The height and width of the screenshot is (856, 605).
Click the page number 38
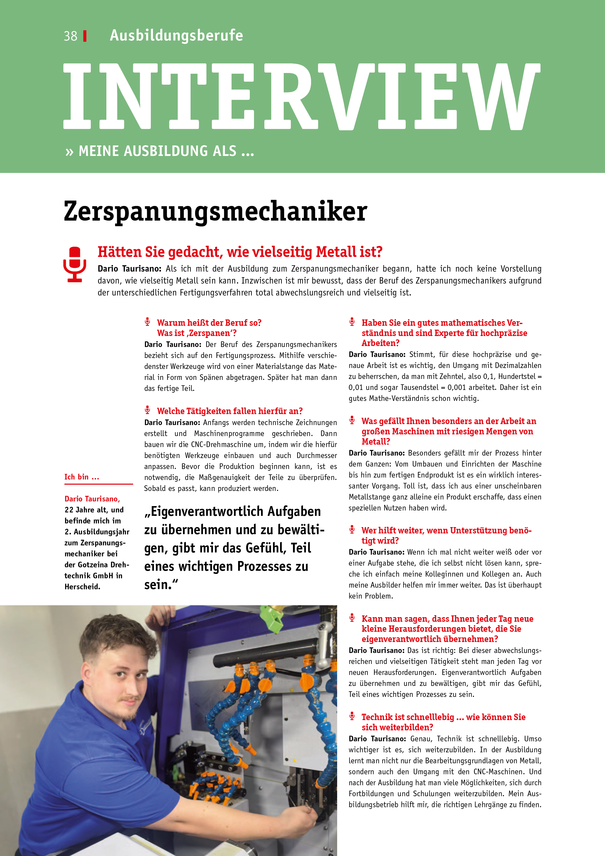pyautogui.click(x=71, y=36)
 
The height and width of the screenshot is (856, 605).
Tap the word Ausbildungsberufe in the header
pyautogui.click(x=176, y=35)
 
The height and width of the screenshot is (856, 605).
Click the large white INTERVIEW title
pyautogui.click(x=302, y=97)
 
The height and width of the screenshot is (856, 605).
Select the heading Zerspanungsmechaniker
pyautogui.click(x=215, y=211)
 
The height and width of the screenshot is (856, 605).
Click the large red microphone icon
pyautogui.click(x=75, y=264)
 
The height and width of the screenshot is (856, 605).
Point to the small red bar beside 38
pyautogui.click(x=85, y=36)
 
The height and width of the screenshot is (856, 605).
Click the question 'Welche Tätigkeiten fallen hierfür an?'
pyautogui.click(x=230, y=411)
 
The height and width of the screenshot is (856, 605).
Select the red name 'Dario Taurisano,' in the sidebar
pyautogui.click(x=92, y=499)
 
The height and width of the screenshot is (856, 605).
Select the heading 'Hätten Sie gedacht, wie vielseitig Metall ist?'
pyautogui.click(x=240, y=252)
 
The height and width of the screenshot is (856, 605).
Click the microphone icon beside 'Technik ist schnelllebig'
pyautogui.click(x=352, y=716)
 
